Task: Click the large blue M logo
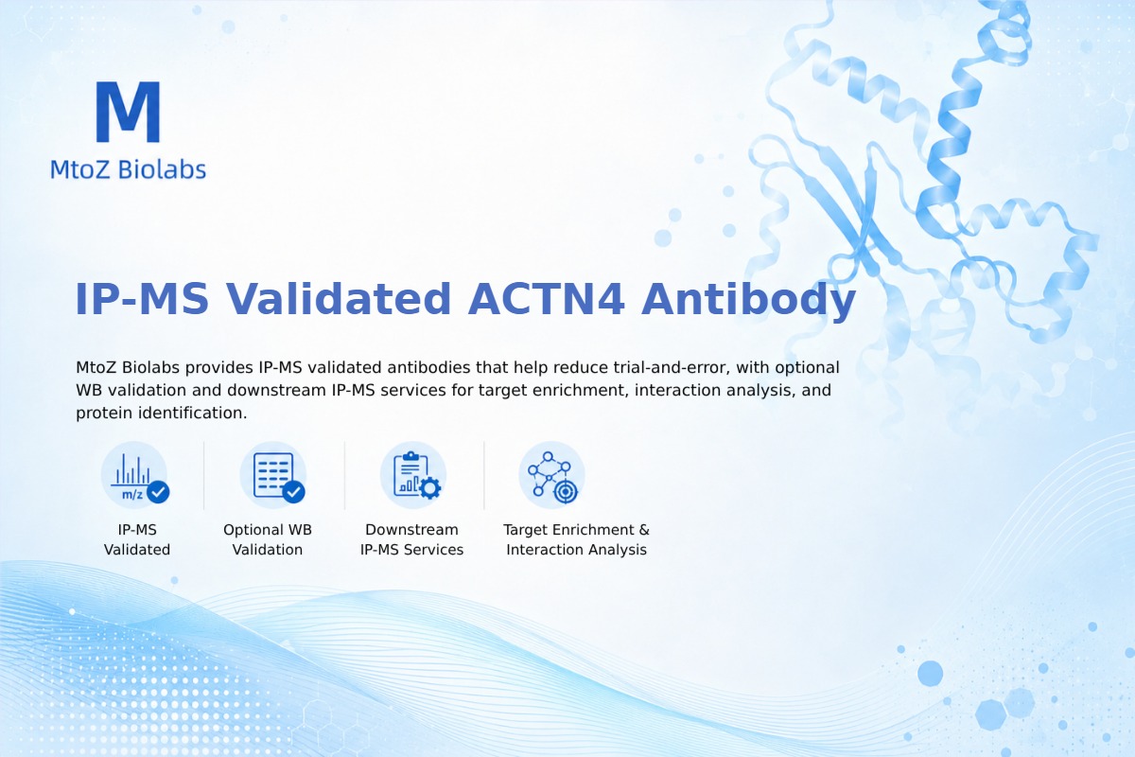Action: point(129,112)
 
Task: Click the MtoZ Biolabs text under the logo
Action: point(129,169)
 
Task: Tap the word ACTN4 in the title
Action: point(547,299)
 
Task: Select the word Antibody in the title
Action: point(748,300)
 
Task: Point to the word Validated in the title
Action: point(338,299)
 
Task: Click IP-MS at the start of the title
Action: point(142,299)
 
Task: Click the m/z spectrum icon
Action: point(134,475)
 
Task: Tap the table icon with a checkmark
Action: point(273,475)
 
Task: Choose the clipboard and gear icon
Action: point(413,475)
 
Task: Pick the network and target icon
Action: point(551,475)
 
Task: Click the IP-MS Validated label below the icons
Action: point(137,539)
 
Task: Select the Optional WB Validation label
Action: point(268,539)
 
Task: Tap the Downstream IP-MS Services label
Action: point(412,539)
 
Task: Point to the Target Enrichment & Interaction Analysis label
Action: point(577,539)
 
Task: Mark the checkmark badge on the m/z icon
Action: point(158,491)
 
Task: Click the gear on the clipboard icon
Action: point(430,487)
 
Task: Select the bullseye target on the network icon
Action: point(566,491)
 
